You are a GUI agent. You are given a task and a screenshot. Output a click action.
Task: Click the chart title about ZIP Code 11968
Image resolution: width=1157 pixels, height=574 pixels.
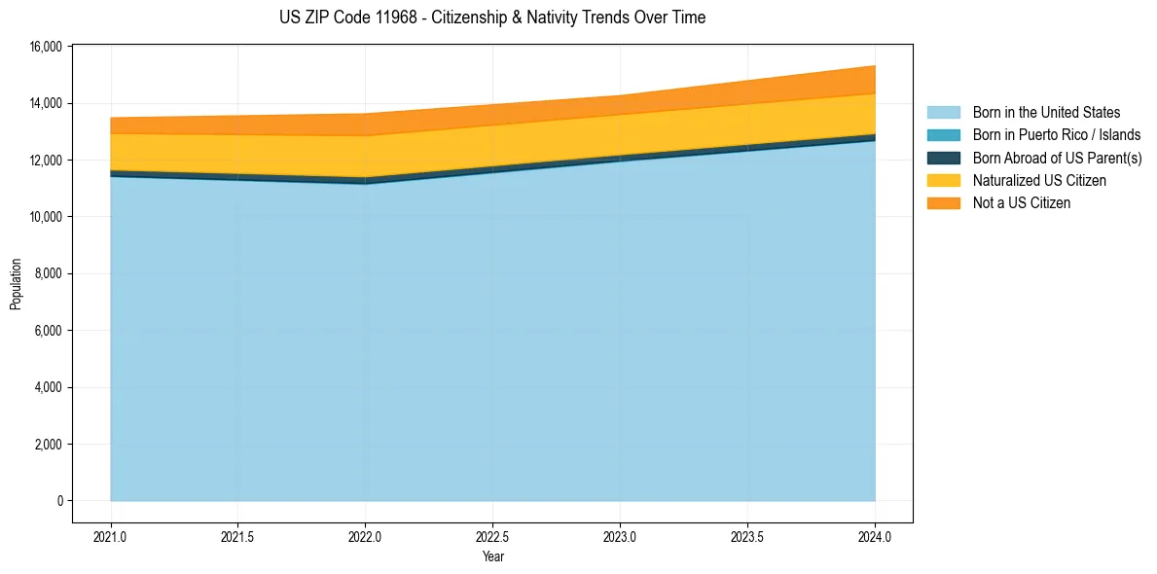coord(492,18)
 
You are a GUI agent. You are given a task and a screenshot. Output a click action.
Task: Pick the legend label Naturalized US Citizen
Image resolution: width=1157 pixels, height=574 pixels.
coord(1039,180)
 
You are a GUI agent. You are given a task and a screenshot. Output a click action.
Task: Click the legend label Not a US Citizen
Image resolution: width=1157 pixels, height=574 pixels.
coord(1022,202)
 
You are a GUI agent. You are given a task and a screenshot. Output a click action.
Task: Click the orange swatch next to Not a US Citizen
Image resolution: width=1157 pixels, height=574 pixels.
coord(943,202)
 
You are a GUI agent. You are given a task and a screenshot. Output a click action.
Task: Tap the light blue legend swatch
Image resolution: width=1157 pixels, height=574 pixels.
coord(943,113)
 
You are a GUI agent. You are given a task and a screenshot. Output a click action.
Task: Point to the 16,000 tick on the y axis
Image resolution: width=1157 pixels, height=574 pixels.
coord(46,47)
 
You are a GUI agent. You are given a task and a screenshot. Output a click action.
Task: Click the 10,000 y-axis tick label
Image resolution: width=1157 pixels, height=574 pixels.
coord(46,217)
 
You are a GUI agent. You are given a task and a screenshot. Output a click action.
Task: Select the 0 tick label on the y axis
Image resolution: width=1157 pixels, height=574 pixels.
coord(59,501)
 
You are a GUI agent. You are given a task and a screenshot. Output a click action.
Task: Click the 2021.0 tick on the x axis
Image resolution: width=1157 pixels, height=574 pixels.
coord(111,536)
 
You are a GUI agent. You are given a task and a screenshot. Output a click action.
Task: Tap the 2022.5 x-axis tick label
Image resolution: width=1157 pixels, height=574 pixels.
coord(492,536)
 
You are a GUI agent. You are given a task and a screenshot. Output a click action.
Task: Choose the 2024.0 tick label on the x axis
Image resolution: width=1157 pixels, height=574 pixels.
coord(875,536)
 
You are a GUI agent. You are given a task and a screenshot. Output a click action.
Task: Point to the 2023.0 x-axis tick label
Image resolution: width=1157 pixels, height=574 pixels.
coord(620,536)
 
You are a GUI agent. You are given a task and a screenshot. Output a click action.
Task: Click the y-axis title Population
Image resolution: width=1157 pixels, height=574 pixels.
coord(16,284)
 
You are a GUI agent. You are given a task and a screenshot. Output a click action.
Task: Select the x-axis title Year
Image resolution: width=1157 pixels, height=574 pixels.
coord(492,556)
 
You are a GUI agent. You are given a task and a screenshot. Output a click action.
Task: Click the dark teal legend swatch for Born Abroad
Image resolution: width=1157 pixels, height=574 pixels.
coord(943,158)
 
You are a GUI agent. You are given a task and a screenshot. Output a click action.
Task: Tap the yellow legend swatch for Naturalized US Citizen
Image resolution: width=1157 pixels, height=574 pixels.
coord(943,180)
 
